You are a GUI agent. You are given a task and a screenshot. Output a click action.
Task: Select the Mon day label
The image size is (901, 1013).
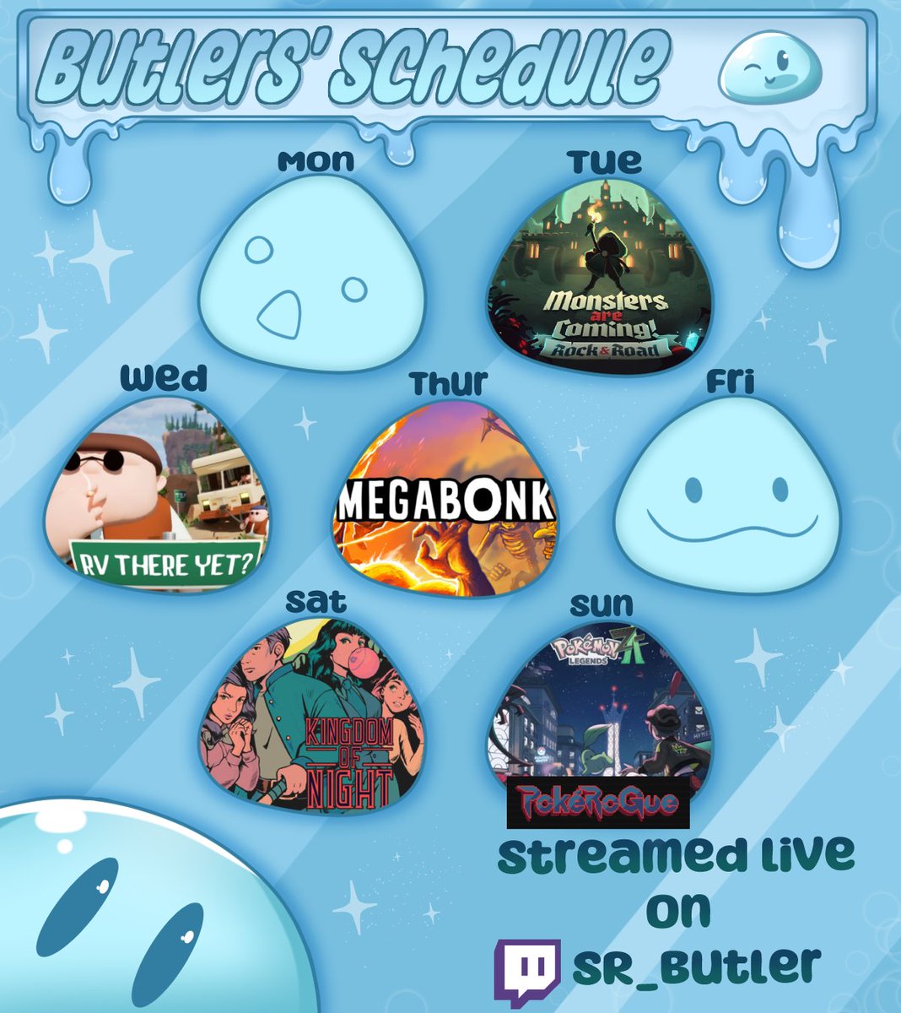tap(316, 160)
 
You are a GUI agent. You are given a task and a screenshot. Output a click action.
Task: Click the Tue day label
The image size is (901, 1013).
tap(604, 160)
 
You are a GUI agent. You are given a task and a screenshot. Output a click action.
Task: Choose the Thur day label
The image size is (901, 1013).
tap(448, 383)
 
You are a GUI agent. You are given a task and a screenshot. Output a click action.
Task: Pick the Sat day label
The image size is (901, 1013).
tap(316, 601)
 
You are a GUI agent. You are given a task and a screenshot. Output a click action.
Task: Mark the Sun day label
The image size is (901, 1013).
tap(602, 604)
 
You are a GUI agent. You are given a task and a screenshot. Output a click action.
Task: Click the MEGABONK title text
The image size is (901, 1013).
tap(445, 503)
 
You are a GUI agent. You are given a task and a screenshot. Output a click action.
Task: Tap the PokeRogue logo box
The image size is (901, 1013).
tap(598, 803)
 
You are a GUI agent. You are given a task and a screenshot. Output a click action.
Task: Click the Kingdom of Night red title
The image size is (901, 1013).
tap(348, 764)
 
